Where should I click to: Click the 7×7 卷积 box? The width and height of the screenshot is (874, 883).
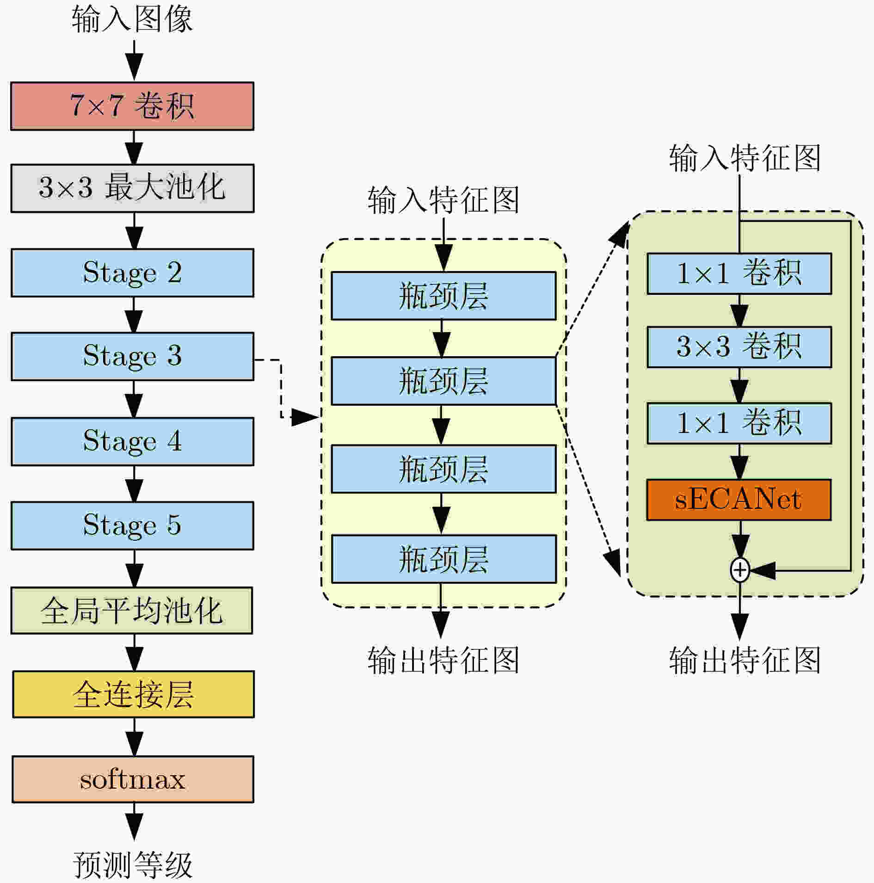[x=132, y=106]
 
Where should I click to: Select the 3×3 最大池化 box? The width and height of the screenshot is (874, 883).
[x=132, y=188]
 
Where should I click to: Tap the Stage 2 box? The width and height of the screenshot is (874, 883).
[x=132, y=273]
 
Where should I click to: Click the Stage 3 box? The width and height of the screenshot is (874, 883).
[x=132, y=357]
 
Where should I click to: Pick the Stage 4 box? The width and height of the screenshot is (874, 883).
[x=132, y=442]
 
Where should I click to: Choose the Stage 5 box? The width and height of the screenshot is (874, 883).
[x=132, y=526]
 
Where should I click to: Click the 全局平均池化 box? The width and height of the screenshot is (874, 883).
[x=132, y=611]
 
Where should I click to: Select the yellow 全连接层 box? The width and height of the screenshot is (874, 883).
[x=133, y=694]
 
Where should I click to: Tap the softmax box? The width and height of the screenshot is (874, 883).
[x=133, y=779]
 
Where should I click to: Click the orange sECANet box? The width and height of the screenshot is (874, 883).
[x=739, y=500]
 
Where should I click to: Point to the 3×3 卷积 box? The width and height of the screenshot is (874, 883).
[x=739, y=347]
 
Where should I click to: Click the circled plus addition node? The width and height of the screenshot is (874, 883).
[x=740, y=570]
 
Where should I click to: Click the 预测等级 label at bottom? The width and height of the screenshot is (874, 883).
[x=133, y=865]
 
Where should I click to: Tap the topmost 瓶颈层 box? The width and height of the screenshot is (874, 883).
[x=443, y=296]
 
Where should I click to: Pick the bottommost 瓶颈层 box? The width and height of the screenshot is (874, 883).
[x=443, y=559]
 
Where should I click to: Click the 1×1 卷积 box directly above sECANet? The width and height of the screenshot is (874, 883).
[x=739, y=423]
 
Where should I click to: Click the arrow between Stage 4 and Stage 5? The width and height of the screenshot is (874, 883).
[x=134, y=484]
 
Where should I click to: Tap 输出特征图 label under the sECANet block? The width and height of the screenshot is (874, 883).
[x=745, y=660]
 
